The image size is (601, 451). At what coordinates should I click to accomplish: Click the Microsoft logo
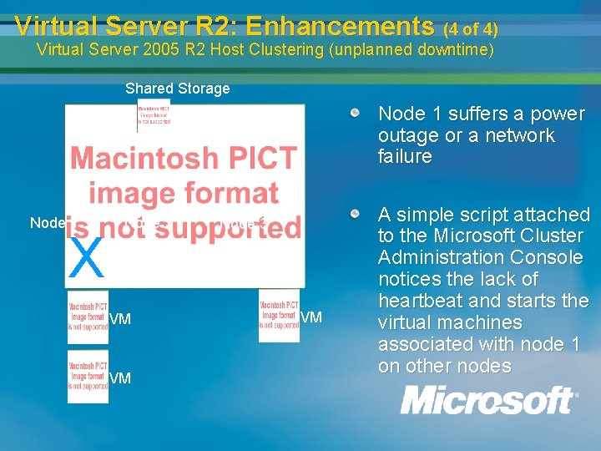point(488,400)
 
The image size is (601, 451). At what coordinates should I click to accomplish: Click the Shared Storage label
point(177,89)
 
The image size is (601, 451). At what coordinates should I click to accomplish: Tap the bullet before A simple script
point(356,215)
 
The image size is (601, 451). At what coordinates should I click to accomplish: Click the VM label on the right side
point(311,317)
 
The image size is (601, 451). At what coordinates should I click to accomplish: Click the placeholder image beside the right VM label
point(279,315)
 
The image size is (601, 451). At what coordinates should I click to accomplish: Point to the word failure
point(405,157)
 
